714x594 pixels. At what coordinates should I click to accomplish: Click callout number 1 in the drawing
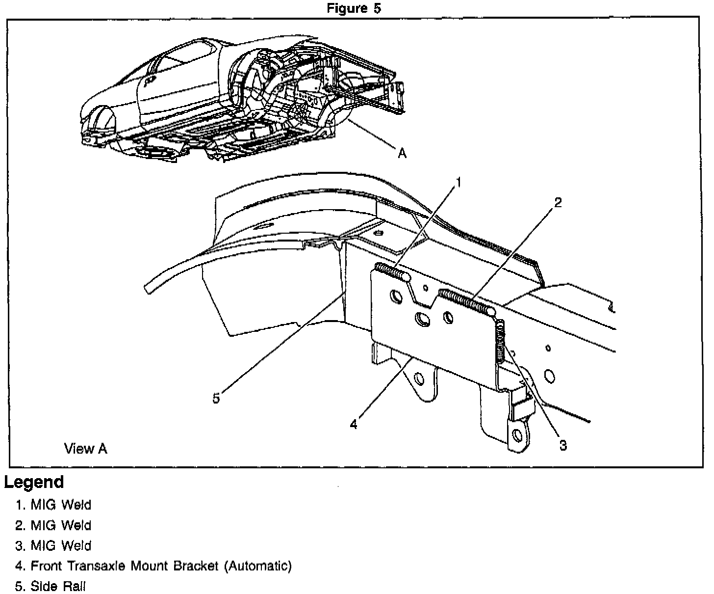click(459, 183)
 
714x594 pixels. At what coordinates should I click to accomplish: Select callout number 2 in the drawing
click(558, 202)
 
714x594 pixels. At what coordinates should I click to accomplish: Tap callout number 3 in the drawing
click(563, 445)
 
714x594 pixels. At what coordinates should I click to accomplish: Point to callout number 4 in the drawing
click(354, 424)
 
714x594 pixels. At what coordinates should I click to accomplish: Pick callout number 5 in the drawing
click(216, 398)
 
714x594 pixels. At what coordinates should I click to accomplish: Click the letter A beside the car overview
click(402, 154)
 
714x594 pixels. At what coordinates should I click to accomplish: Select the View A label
click(85, 448)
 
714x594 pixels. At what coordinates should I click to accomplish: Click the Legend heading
click(34, 482)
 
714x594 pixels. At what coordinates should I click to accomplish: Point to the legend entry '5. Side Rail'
click(51, 586)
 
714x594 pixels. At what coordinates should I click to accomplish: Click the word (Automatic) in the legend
click(258, 566)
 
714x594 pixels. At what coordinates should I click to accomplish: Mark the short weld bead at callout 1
click(393, 271)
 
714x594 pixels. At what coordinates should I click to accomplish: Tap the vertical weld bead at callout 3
click(500, 342)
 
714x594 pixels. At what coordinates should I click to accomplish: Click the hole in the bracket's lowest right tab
click(517, 434)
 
